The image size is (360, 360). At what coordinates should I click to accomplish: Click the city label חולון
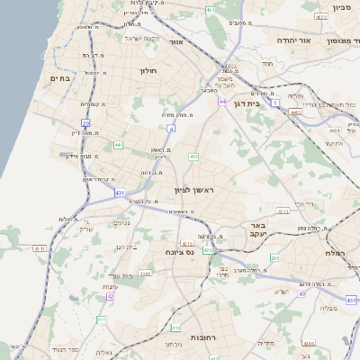tap(148, 70)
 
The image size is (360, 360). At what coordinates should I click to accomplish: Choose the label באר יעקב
tap(259, 229)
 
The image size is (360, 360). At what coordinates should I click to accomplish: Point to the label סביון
tap(340, 7)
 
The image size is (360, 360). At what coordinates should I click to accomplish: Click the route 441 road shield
tap(118, 144)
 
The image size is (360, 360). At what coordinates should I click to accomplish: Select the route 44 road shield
tap(220, 102)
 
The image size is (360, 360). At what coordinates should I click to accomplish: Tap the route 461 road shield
tap(210, 10)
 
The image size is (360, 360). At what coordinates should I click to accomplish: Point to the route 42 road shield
tap(110, 295)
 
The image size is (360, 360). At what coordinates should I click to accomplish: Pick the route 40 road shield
tap(302, 293)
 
